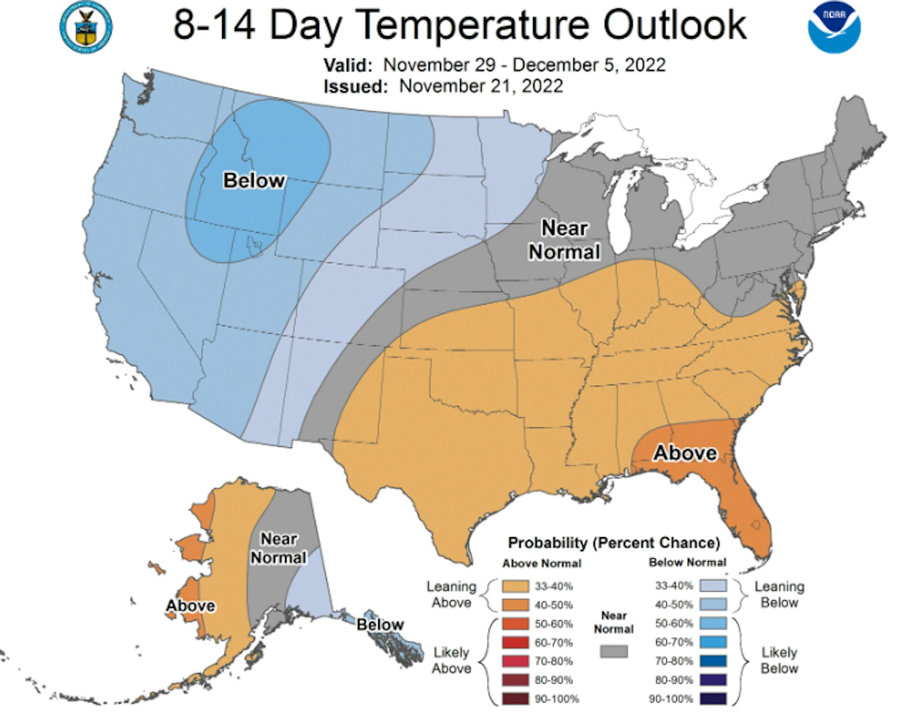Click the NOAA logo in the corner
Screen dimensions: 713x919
834,28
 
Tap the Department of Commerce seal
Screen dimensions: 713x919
86,28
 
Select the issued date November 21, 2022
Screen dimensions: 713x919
481,86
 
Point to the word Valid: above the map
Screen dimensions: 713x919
348,66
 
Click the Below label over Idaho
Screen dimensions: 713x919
254,180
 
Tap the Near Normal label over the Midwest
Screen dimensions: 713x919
564,240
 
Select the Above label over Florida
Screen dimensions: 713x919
685,452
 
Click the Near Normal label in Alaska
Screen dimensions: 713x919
278,548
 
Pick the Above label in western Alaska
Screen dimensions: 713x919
190,605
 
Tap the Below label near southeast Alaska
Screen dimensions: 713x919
380,624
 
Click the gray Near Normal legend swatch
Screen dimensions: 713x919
614,651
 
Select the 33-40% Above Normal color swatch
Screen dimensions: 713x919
515,586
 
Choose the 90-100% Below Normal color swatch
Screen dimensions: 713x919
714,699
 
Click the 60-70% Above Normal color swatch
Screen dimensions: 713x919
515,642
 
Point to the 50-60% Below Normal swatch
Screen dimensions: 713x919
714,623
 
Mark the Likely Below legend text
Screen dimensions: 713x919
779,660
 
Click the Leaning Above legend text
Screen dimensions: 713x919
451,595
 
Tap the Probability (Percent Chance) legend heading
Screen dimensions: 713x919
614,543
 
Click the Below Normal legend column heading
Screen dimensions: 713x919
687,563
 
